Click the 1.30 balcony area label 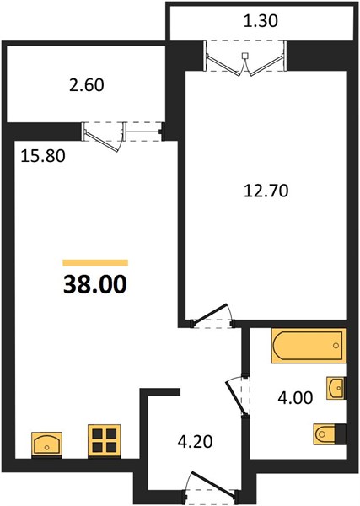coord(261,21)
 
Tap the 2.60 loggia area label coord(87,85)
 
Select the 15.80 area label coord(43,156)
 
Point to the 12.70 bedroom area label coord(266,191)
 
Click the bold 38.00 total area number coord(95,285)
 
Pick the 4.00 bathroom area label coord(295,398)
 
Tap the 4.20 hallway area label coord(195,441)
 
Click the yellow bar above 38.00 coord(95,262)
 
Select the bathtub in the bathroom coord(309,346)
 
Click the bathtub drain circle coord(336,346)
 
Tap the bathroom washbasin coord(336,388)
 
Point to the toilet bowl coord(324,434)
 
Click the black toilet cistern coord(341,434)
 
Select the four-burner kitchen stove coord(105,441)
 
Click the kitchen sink coord(47,444)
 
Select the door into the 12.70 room coord(212,314)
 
